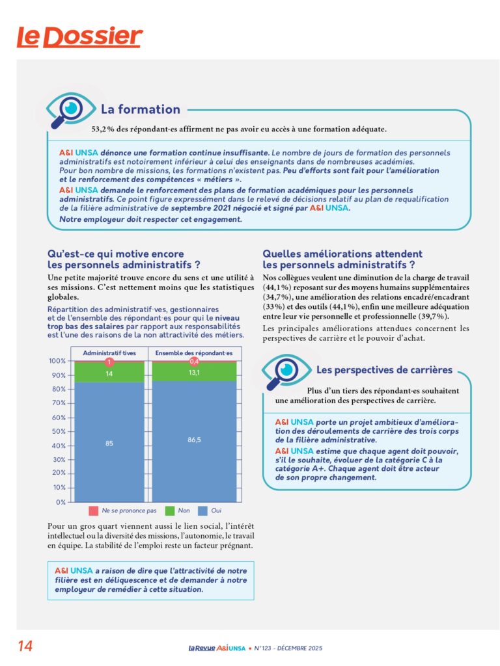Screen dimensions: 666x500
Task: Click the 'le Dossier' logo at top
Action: (x=79, y=37)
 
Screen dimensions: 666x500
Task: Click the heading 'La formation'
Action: (x=140, y=109)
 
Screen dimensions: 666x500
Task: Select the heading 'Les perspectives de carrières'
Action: (x=384, y=370)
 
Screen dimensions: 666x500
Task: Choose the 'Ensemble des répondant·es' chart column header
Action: (x=193, y=353)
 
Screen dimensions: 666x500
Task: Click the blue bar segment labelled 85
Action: (x=109, y=442)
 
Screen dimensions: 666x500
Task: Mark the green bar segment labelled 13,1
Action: (x=193, y=372)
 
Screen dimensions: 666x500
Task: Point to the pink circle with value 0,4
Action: (x=193, y=361)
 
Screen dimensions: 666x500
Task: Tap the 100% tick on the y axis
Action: (x=57, y=361)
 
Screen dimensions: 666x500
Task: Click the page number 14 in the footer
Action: (x=25, y=646)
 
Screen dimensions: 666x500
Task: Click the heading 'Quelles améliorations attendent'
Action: (x=342, y=254)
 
